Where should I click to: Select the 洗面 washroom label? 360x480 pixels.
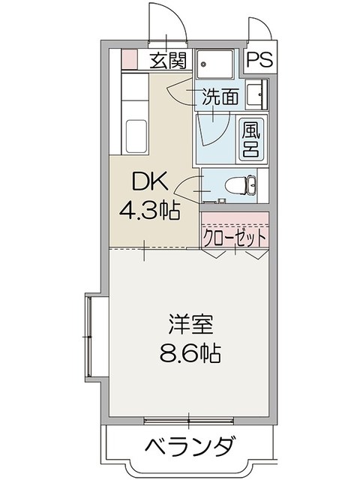coord(219,96)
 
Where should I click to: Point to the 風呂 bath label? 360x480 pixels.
coord(250,139)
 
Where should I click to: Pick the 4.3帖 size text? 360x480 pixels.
coord(149,211)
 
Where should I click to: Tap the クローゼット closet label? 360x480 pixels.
coord(235,238)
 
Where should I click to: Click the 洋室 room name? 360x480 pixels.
coord(190,326)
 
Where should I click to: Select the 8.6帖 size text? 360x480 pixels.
coord(190,352)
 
